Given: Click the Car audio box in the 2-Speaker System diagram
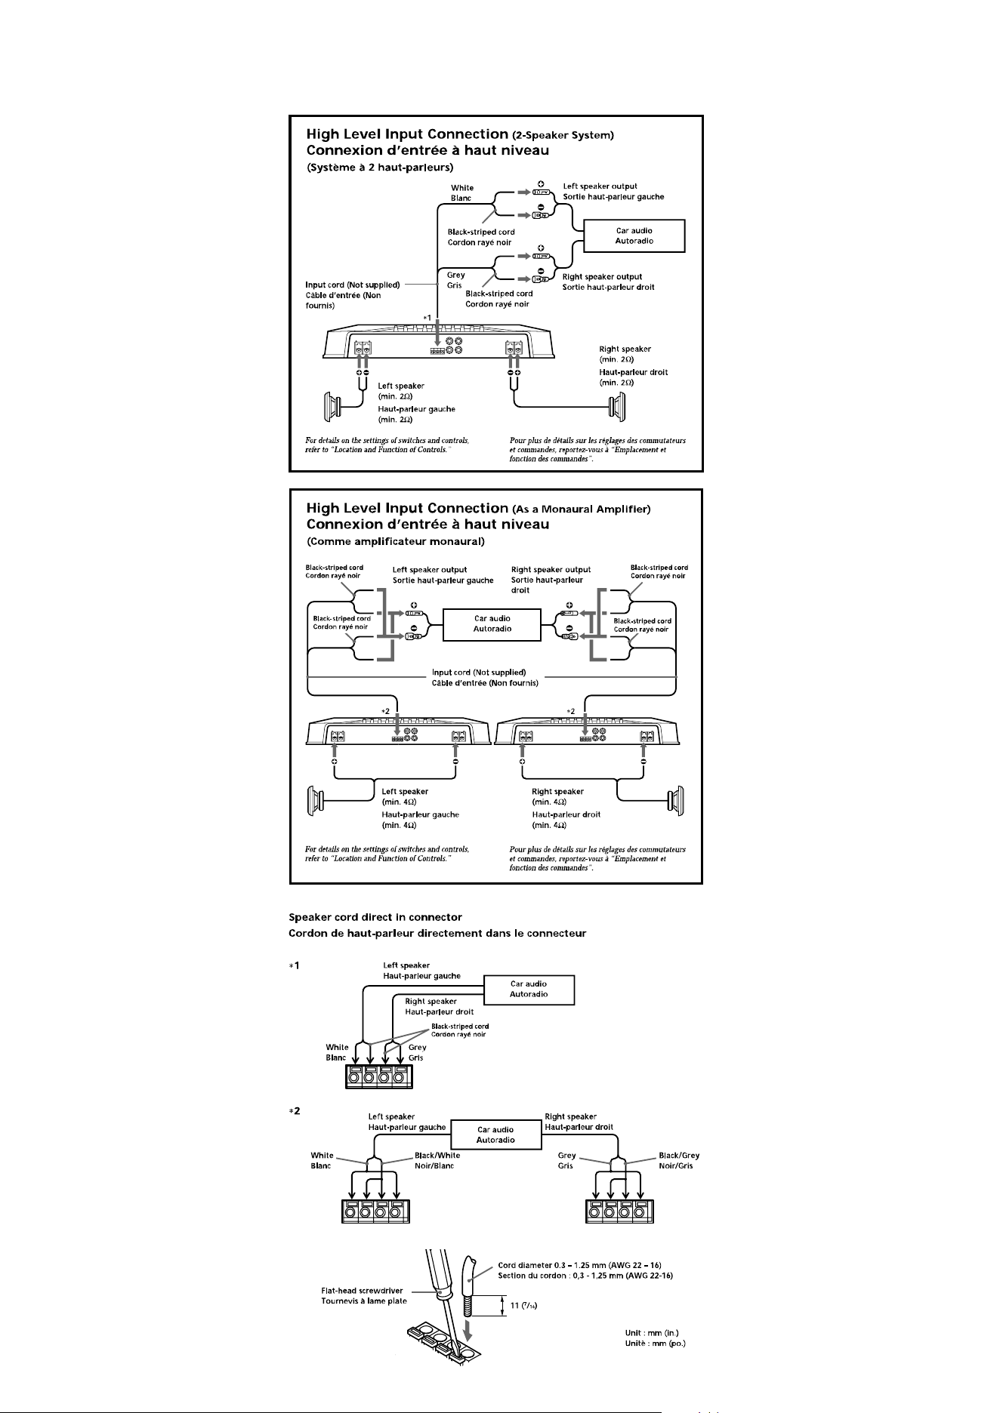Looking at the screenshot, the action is tap(634, 235).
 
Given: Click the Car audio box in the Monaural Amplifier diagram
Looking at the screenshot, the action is tap(492, 623).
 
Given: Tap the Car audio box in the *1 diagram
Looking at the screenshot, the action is tap(529, 989).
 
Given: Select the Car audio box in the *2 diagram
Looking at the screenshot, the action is tap(496, 1134).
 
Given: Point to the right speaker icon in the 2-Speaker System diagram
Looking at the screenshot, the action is tap(619, 408).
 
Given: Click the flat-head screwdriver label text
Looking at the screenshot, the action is tap(363, 1296).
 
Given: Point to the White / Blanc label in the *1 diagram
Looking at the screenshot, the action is tap(337, 1052).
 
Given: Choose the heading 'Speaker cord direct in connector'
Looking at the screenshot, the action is tap(375, 917).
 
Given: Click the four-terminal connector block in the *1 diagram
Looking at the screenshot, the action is tap(378, 1076).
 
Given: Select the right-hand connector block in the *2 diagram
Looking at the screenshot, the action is tap(619, 1210).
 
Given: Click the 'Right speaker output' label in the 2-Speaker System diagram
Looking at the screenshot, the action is tap(602, 277).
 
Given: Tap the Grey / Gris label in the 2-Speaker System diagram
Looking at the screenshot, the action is tap(456, 280).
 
